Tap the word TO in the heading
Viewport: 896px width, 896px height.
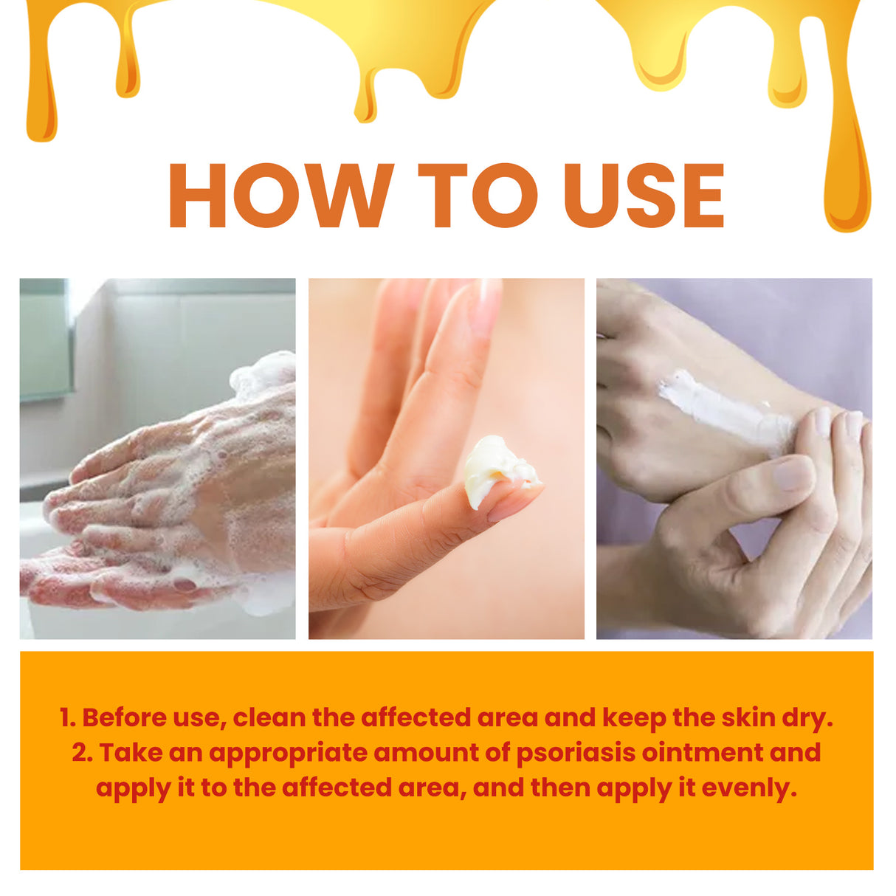(x=478, y=196)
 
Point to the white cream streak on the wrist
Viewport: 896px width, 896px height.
(x=720, y=409)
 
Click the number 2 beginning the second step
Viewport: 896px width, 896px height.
(x=80, y=753)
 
